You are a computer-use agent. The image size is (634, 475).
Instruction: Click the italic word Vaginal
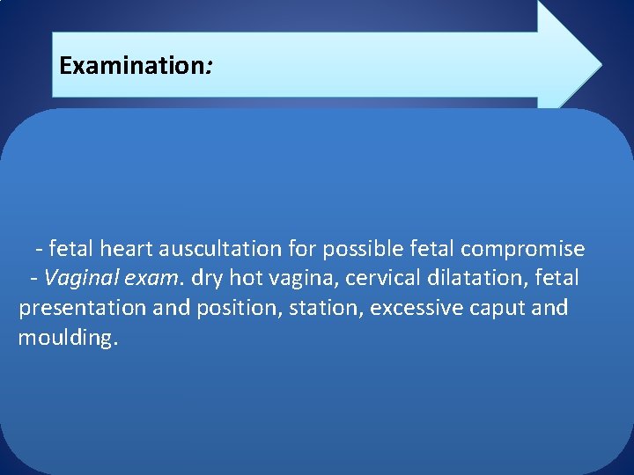(x=77, y=279)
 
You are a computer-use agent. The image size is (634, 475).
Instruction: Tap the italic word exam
(x=149, y=279)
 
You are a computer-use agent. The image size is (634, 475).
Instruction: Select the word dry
(x=207, y=279)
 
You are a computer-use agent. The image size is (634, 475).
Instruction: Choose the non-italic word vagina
(x=303, y=279)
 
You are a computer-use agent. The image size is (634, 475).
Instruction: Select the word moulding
(x=67, y=339)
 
